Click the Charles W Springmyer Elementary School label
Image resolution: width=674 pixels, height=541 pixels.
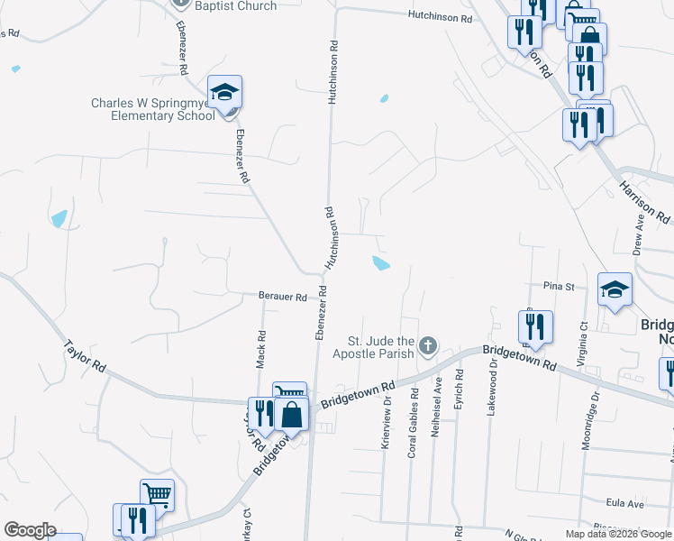coord(152,109)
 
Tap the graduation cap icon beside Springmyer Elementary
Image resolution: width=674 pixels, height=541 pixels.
coord(224,93)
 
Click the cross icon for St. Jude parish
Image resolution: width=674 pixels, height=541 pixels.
coord(429,344)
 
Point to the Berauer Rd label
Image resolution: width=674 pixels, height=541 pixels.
coord(283,297)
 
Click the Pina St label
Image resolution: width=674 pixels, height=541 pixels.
coord(559,287)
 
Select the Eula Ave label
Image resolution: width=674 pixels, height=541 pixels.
coord(624,503)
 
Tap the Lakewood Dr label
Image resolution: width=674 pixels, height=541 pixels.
coord(493,388)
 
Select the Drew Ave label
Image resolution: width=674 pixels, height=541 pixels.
coord(639,239)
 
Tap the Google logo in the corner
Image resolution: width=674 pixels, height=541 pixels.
coord(30,530)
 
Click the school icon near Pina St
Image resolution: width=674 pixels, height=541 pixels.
coord(615,289)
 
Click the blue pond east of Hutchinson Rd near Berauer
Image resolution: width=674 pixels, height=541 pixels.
coord(381,263)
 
